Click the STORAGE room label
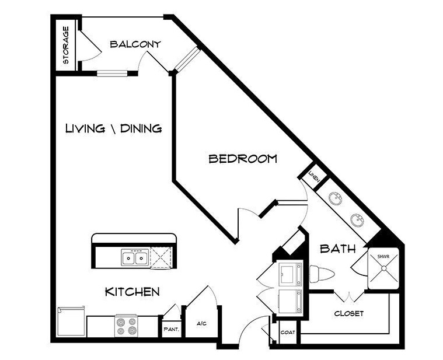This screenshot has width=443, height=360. click(x=65, y=45)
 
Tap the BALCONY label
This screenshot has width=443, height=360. click(x=135, y=44)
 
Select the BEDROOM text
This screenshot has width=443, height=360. click(x=243, y=159)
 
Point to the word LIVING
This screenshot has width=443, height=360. click(x=85, y=128)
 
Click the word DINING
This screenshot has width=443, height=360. click(x=141, y=128)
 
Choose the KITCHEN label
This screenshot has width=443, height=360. click(x=132, y=291)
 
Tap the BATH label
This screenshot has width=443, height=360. click(x=337, y=249)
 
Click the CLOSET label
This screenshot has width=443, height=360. click(x=349, y=313)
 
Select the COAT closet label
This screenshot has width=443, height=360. click(x=288, y=333)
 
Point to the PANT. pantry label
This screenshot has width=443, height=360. click(x=171, y=329)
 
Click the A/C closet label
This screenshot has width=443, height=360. click(x=202, y=324)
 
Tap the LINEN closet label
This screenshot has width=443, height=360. click(x=314, y=176)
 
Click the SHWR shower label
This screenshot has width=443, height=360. click(x=383, y=257)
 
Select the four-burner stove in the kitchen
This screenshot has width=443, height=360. click(x=126, y=326)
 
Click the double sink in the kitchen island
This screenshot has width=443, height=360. click(x=134, y=257)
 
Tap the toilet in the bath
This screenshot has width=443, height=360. click(x=322, y=274)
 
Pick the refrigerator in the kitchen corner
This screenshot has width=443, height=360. click(x=71, y=321)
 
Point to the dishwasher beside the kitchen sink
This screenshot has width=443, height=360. click(x=161, y=257)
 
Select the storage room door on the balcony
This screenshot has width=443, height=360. click(x=90, y=45)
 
